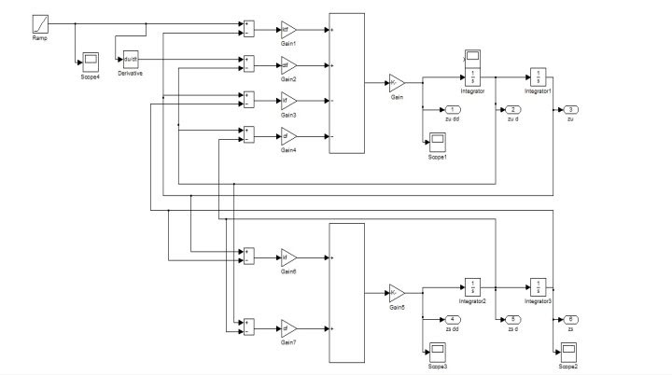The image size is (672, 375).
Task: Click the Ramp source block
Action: pyautogui.click(x=41, y=21)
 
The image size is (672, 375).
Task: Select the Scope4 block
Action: pyautogui.click(x=91, y=62)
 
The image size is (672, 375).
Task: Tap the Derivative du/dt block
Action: pyautogui.click(x=131, y=61)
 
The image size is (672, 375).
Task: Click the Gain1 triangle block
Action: pyautogui.click(x=287, y=30)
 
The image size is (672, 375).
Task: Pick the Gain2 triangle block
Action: pyautogui.click(x=287, y=65)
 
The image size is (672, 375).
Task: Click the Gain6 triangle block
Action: pyautogui.click(x=287, y=257)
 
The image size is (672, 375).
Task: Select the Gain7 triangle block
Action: pyautogui.click(x=287, y=328)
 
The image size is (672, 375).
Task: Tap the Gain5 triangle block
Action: pyautogui.click(x=397, y=292)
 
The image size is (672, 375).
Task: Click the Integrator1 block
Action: pyautogui.click(x=539, y=76)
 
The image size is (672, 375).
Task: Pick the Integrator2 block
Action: pyautogui.click(x=473, y=286)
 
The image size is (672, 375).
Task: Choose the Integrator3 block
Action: pyautogui.click(x=539, y=286)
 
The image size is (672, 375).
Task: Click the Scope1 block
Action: pyautogui.click(x=438, y=142)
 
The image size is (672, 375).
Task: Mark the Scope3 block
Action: pyautogui.click(x=438, y=353)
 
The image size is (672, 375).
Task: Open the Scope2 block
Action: pyautogui.click(x=567, y=353)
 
